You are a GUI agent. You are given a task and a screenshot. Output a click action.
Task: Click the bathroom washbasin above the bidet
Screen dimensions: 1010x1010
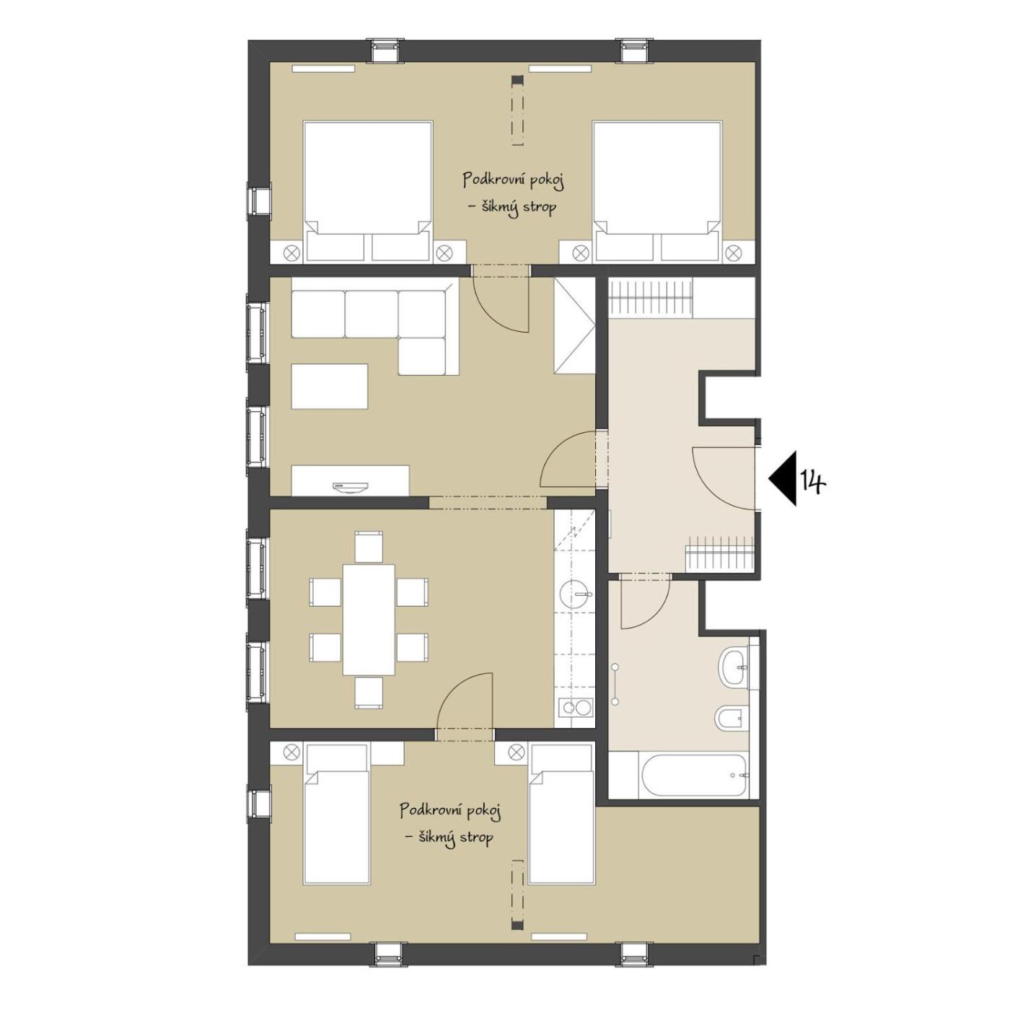(736, 667)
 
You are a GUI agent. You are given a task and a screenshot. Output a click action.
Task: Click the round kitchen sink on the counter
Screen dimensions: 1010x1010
(575, 594)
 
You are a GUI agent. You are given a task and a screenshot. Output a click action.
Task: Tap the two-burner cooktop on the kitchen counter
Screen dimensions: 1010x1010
(575, 708)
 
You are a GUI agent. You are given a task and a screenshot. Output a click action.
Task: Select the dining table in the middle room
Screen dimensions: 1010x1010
(369, 620)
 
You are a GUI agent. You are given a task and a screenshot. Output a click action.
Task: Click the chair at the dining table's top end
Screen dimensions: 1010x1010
(369, 548)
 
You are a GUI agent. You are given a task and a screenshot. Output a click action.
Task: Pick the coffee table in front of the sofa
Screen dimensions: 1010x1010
(330, 386)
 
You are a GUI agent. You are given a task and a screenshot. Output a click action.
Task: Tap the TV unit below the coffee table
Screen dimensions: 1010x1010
(350, 479)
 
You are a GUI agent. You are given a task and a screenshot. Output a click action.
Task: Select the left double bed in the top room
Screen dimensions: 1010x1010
(368, 191)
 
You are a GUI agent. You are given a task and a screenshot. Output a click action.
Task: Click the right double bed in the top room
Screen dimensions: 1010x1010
(657, 191)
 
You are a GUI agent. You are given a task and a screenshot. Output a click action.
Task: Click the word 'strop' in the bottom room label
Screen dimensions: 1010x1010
(475, 838)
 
